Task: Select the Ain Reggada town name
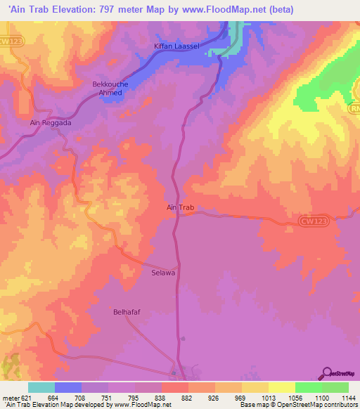point(51,122)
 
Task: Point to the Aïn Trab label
point(179,208)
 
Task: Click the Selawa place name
point(163,271)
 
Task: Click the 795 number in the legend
point(135,397)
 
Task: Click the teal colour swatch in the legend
point(41,387)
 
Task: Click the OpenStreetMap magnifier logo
point(326,372)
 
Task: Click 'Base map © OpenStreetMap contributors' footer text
point(298,405)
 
